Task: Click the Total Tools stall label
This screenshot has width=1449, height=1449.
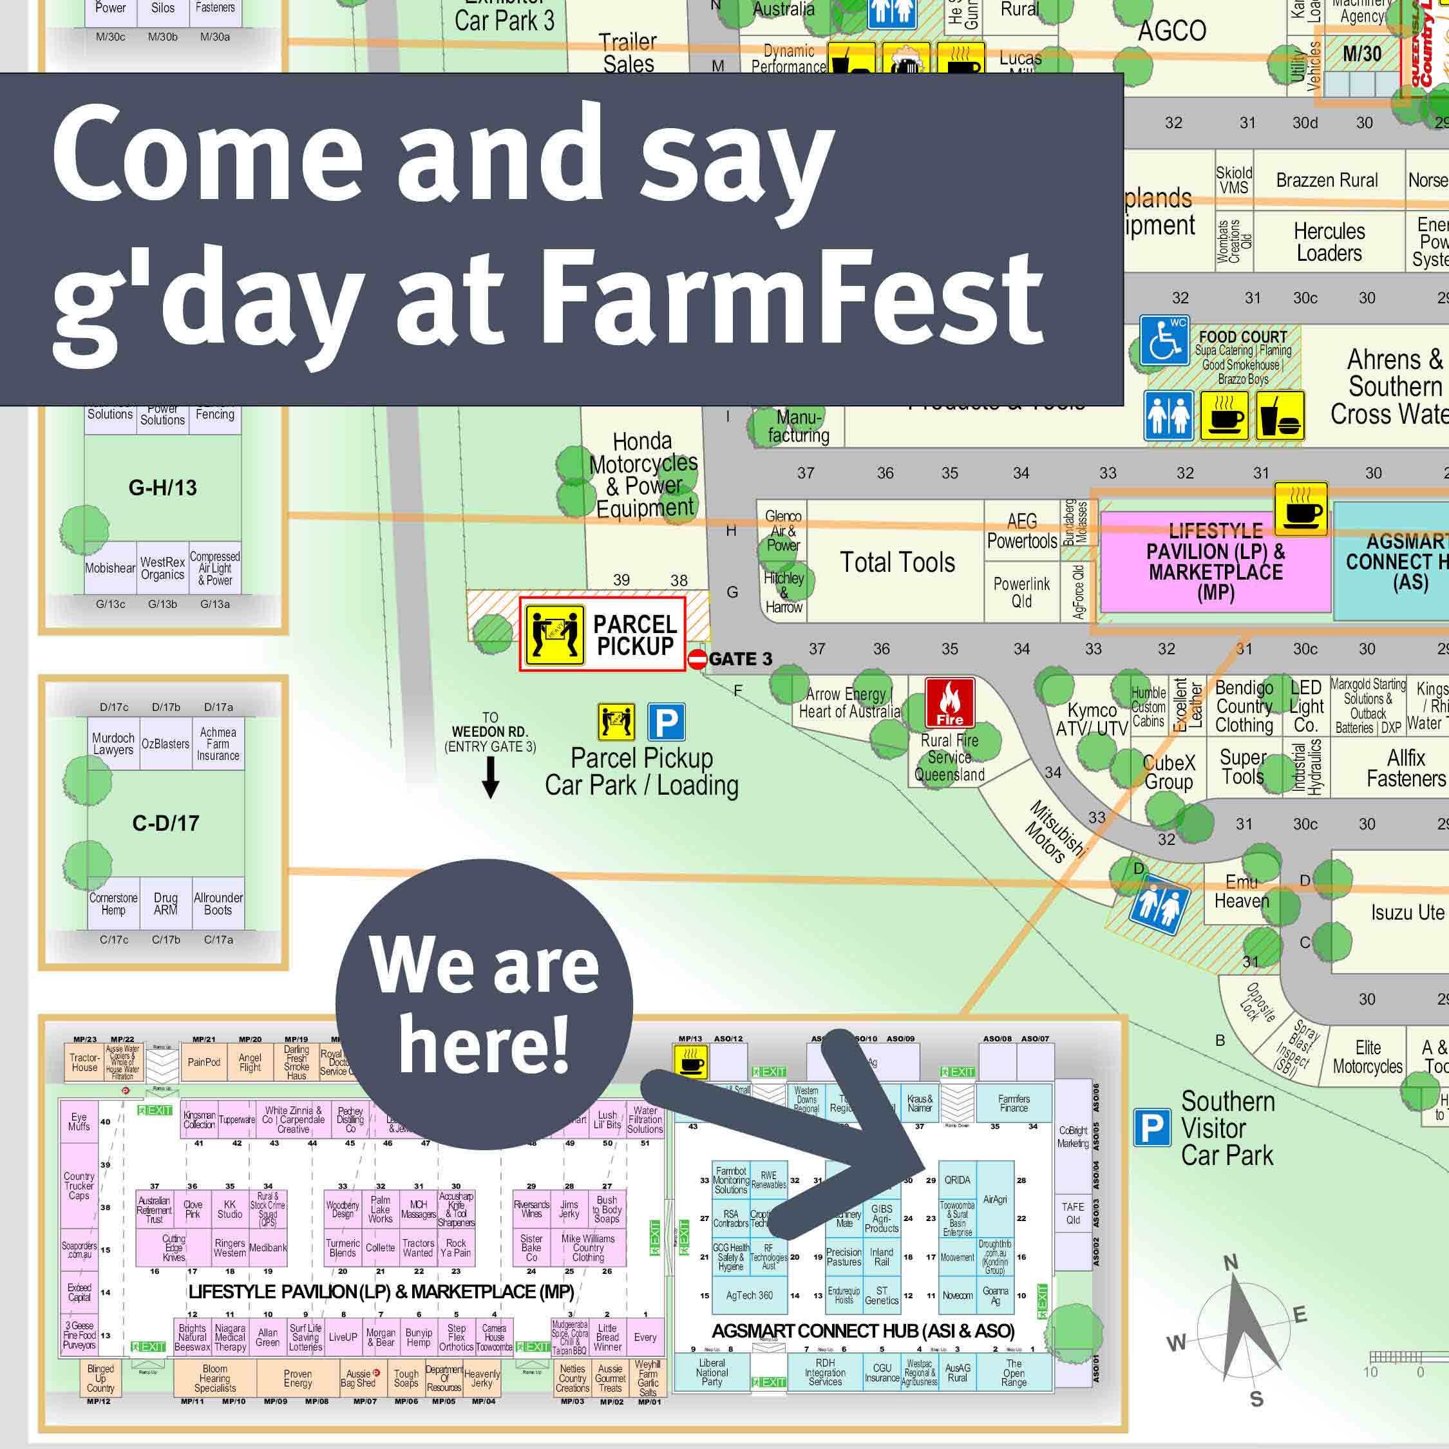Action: [897, 562]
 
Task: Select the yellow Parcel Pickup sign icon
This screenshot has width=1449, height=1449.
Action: [554, 634]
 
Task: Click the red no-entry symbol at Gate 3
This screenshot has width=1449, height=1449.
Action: [697, 659]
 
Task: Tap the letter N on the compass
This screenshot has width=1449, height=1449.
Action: [1231, 1263]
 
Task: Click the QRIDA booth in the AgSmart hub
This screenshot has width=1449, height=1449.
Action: [957, 1180]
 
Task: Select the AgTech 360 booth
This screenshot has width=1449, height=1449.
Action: [748, 1295]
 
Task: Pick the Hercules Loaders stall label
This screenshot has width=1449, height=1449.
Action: [1329, 242]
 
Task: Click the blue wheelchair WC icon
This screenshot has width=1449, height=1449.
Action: [1163, 341]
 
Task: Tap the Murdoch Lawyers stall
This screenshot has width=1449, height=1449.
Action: [113, 743]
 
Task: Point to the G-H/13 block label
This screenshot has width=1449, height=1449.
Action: [163, 488]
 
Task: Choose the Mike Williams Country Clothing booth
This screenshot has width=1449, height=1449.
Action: [588, 1247]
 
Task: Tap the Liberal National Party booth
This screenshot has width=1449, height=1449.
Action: [712, 1372]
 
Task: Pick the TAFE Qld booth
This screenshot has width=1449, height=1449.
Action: [1072, 1213]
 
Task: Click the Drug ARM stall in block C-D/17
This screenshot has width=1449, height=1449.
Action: [166, 903]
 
